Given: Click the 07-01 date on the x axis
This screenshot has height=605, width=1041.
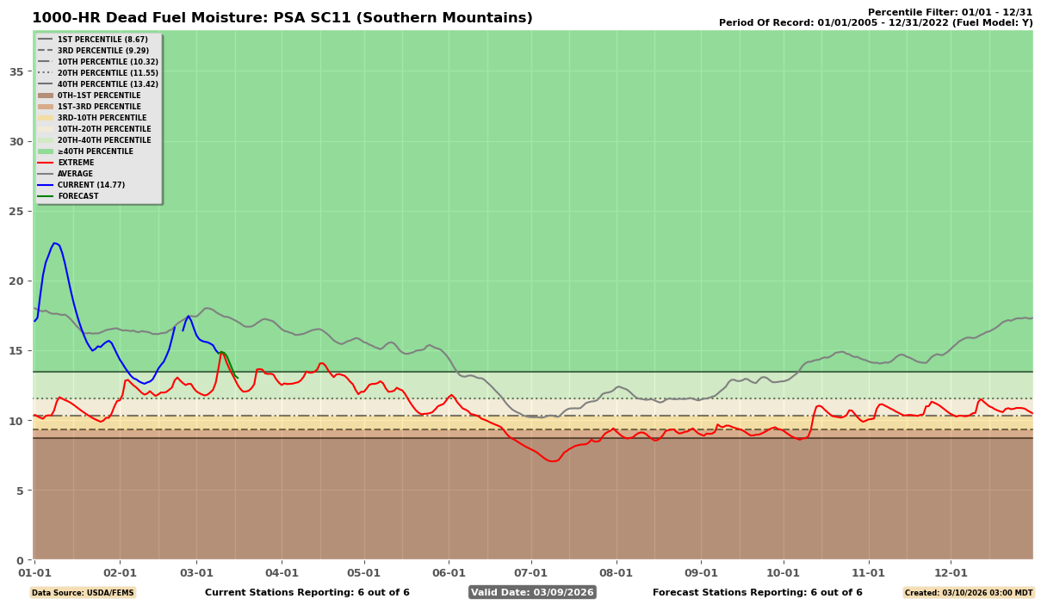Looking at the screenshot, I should click(530, 571).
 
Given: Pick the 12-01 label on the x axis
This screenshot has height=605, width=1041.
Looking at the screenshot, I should click(951, 571).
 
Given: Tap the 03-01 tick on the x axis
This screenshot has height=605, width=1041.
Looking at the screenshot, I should click(197, 571).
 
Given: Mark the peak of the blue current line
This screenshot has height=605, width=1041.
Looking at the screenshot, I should click(54, 243).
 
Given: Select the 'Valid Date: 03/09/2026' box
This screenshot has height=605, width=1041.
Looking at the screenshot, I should click(532, 592).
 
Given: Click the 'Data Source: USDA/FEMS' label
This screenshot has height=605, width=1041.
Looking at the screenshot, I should click(83, 592).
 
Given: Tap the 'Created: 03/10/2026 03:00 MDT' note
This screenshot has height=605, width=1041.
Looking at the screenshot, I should click(968, 592).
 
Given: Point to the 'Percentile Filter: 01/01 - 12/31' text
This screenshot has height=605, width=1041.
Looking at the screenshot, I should click(949, 12).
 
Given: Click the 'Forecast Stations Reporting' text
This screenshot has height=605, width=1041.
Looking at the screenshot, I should click(757, 592).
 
